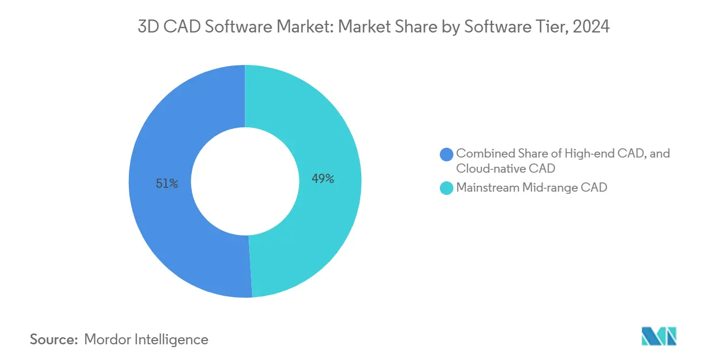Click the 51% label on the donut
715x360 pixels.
[166, 184]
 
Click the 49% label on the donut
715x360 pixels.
[323, 179]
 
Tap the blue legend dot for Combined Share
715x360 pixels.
[447, 154]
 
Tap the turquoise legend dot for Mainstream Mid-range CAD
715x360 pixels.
[447, 188]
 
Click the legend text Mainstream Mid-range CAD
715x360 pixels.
[531, 188]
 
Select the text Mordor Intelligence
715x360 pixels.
[146, 339]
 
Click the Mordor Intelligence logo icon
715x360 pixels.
[659, 336]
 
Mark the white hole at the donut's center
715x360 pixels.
[245, 181]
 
